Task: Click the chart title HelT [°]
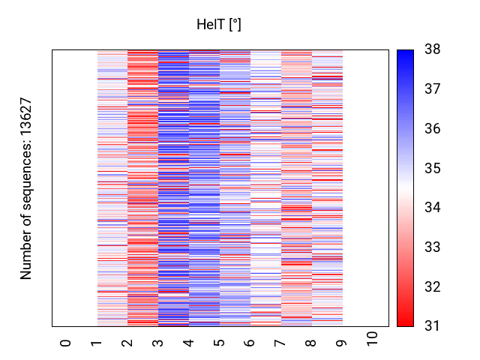tap(219, 25)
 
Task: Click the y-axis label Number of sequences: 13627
tap(26, 188)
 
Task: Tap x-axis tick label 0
tap(65, 343)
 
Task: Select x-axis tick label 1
tap(96, 343)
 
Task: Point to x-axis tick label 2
tap(127, 343)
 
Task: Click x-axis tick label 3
tap(157, 343)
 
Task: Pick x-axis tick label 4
tap(188, 343)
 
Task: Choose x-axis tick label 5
tap(219, 343)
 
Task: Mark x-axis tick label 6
tap(250, 343)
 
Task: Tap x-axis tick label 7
tap(280, 343)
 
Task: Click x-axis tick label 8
tap(311, 343)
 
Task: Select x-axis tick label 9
tap(342, 343)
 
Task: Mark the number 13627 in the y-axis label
tap(26, 118)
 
